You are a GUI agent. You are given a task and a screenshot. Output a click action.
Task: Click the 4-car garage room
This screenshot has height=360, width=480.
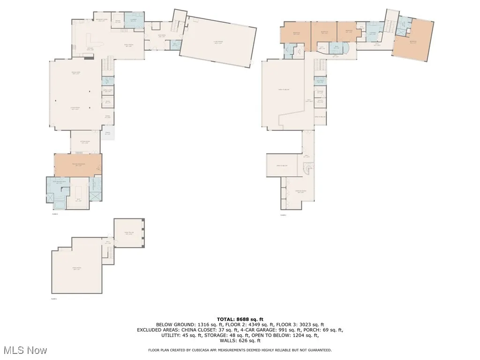coord(218,42)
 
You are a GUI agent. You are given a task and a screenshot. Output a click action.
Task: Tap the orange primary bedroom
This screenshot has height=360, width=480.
coord(77,165)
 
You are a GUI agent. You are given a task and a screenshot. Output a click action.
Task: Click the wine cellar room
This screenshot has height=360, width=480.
coord(129,233)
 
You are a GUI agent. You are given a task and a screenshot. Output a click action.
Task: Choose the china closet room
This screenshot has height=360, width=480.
coord(107,91)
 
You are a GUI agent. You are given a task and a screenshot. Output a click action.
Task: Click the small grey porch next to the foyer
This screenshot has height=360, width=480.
coord(109,133)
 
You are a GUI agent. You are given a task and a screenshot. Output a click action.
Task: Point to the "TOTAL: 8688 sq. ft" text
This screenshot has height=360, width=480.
coord(240,319)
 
